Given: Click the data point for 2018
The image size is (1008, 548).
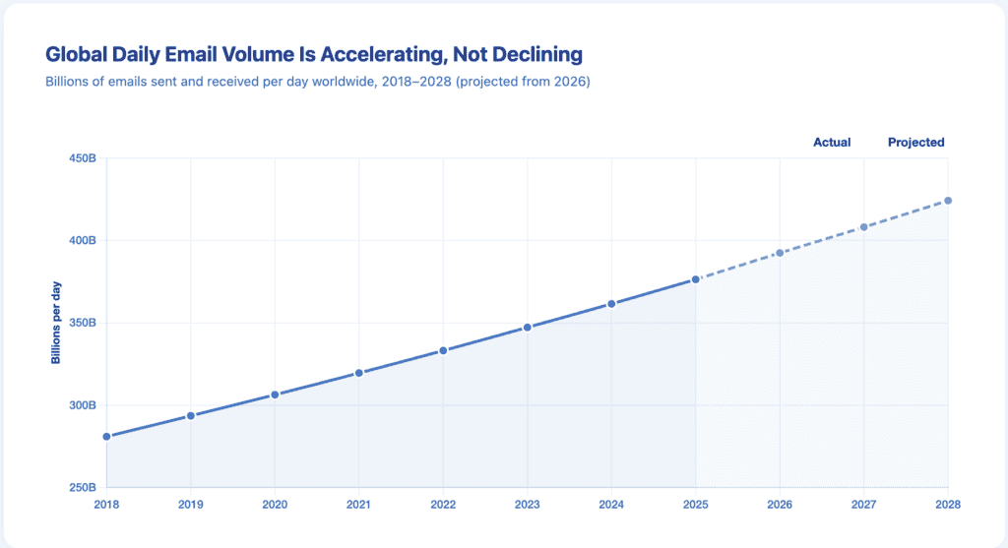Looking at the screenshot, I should tap(106, 436).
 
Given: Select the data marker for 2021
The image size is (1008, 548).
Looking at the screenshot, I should tap(359, 373).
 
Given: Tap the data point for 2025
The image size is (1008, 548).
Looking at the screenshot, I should tap(695, 279).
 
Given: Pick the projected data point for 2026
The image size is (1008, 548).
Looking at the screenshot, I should tap(780, 253).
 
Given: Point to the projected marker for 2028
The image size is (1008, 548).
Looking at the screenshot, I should tap(948, 201).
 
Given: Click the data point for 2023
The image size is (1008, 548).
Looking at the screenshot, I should tap(527, 327).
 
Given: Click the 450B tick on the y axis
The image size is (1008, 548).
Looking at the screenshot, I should tap(81, 158).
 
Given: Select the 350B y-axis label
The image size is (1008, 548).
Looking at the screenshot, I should tap(81, 323).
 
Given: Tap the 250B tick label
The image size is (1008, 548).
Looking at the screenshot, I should tap(81, 488).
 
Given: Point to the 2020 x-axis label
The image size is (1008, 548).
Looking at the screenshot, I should tap(275, 504).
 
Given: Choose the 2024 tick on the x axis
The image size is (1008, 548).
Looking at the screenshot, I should tap(611, 504).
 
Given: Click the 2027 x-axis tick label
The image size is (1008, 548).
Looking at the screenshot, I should tap(863, 504).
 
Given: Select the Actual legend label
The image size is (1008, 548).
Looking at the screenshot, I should tap(831, 143).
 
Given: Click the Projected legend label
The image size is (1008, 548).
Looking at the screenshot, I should tap(915, 143).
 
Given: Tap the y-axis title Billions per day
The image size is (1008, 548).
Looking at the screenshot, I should tap(56, 323).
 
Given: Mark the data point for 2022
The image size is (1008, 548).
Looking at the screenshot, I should tap(443, 350).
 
